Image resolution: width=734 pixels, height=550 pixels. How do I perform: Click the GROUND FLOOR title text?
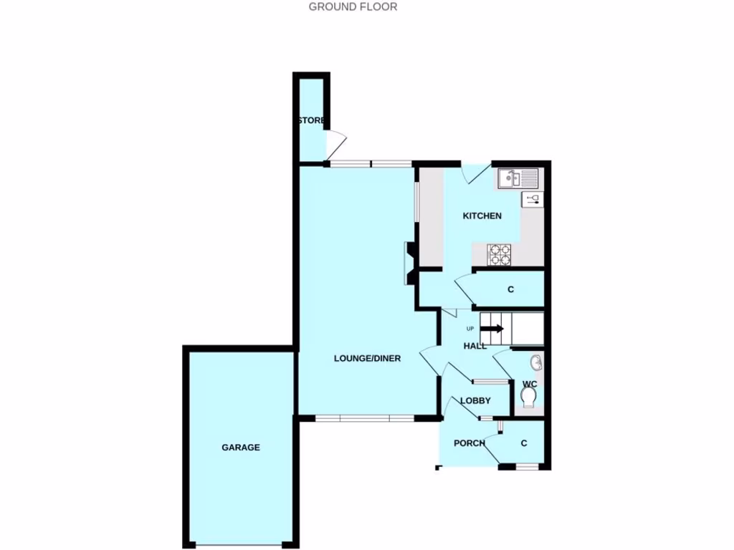tap(353, 7)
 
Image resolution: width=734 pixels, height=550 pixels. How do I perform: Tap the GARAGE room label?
tap(240, 448)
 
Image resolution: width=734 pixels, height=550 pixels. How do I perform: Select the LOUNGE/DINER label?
tap(367, 359)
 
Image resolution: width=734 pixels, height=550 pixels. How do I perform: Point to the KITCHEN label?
tap(482, 216)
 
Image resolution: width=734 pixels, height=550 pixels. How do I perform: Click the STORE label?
tap(311, 120)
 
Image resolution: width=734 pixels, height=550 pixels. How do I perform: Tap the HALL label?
tap(475, 346)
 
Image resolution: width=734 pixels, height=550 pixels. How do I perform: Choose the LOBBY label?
tap(475, 401)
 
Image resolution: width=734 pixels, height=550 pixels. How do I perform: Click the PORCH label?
tap(470, 443)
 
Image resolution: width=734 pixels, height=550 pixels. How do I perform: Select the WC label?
tap(530, 384)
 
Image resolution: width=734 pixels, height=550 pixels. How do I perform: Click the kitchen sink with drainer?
tap(518, 178)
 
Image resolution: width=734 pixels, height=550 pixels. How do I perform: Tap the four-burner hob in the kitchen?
tap(500, 254)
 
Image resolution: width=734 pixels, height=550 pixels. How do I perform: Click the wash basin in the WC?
tap(537, 363)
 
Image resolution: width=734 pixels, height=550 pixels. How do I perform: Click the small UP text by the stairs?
tap(470, 329)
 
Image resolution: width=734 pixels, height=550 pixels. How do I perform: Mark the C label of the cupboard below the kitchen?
tap(510, 290)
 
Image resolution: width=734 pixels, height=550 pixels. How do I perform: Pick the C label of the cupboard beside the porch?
tap(524, 444)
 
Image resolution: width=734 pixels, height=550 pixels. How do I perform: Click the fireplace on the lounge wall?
tap(411, 263)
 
